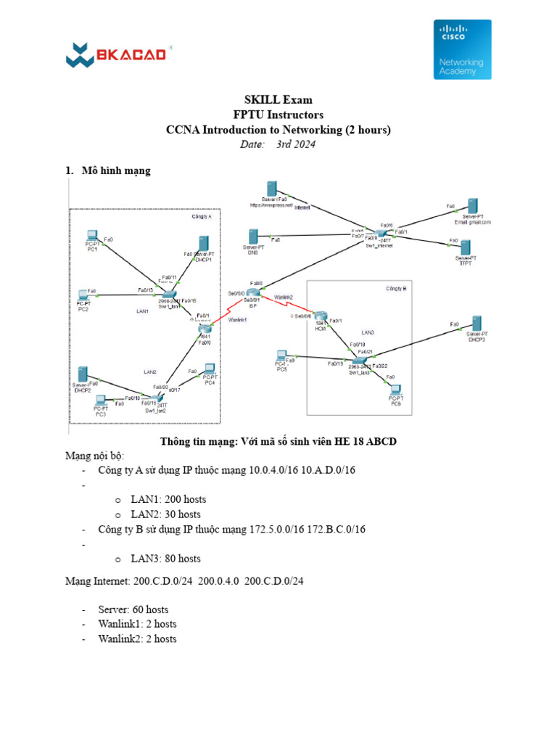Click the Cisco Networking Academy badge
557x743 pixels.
pos(462,49)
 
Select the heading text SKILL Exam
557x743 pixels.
pos(278,99)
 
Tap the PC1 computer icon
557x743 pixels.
pos(92,237)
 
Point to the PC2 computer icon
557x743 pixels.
pos(84,295)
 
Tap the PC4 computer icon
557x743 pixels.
pos(210,369)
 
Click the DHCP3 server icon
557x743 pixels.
pos(476,324)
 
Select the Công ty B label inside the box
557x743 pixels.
pos(395,289)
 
